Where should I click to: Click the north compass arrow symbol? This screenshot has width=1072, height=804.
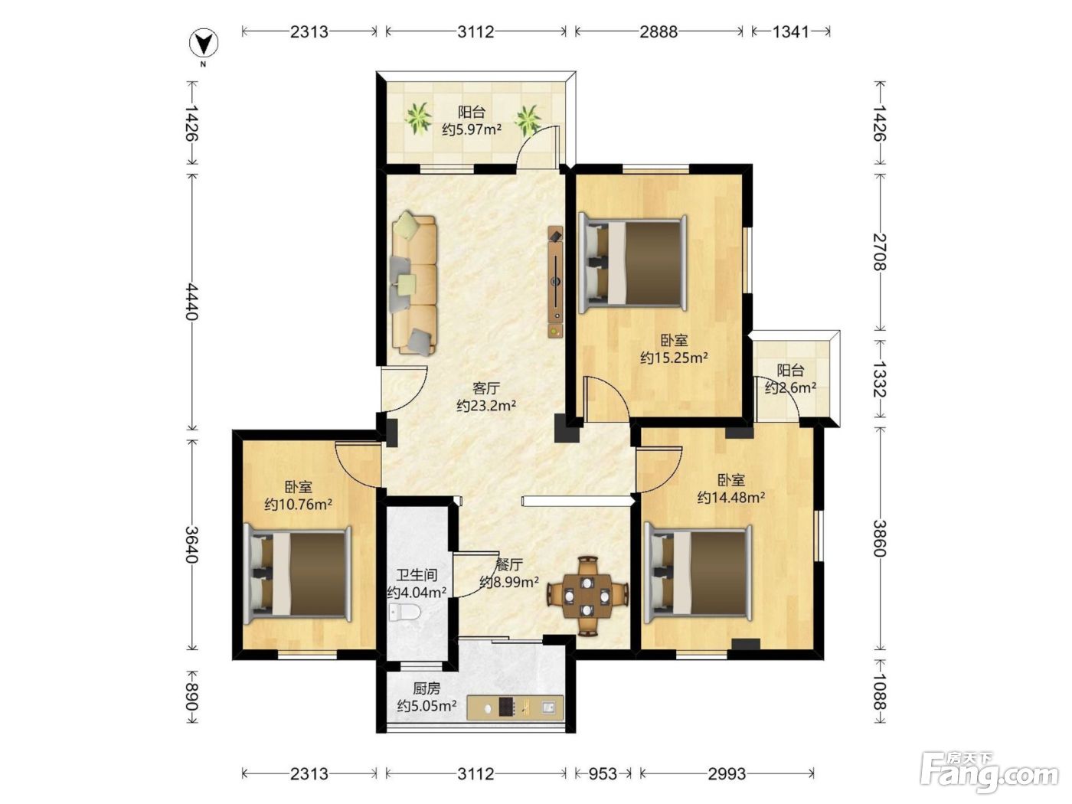(203, 44)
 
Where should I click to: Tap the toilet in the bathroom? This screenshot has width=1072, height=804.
(405, 611)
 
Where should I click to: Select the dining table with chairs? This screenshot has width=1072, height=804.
(587, 596)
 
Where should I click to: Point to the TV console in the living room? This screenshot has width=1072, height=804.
(555, 281)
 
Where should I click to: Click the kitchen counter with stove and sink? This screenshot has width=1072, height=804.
(515, 708)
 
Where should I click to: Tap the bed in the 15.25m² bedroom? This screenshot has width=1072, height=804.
(632, 264)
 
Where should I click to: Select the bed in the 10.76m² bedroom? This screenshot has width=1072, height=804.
(297, 574)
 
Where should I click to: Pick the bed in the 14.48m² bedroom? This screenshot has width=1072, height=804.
(698, 574)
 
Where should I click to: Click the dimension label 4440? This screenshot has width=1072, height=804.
(191, 301)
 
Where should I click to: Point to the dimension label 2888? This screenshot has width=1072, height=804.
(659, 31)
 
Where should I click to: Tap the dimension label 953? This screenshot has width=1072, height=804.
(602, 773)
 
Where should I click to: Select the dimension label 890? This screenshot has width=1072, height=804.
(191, 697)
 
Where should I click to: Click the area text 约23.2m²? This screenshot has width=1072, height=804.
(486, 406)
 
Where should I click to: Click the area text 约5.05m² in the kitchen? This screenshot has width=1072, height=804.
(427, 706)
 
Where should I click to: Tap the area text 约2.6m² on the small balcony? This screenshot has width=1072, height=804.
(790, 387)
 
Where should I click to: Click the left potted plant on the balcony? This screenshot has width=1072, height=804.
(419, 118)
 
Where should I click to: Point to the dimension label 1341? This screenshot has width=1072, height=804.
(791, 31)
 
